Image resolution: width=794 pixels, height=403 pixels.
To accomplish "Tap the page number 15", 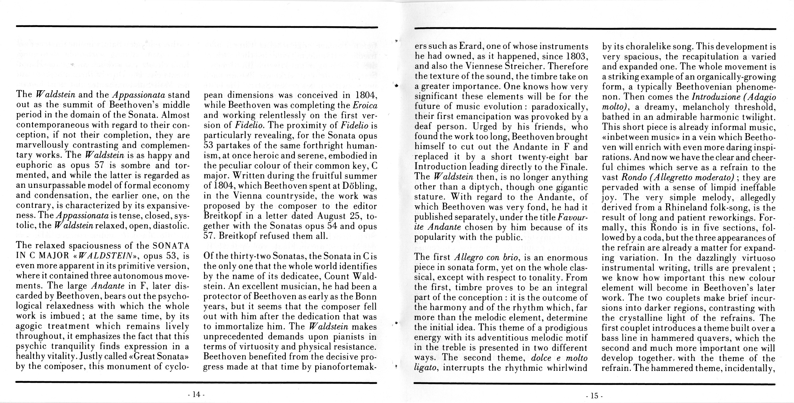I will click(x=594, y=396).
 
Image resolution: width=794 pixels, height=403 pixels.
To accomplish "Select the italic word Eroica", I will click(x=365, y=105).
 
